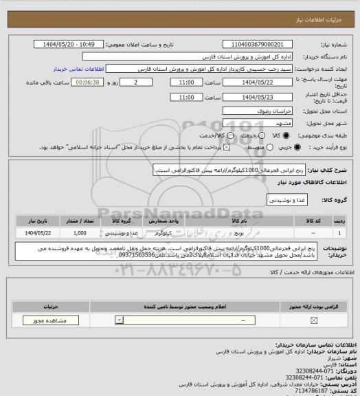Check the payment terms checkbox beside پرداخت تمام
tap(220, 147)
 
